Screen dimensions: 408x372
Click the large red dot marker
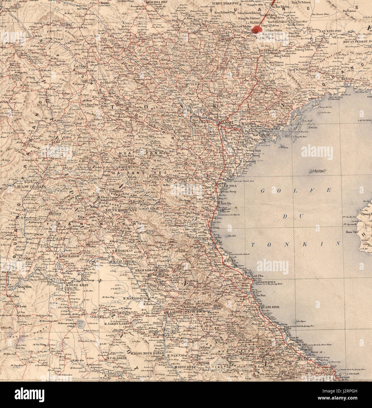point(257,29)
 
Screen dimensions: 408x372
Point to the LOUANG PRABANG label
point(27,186)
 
